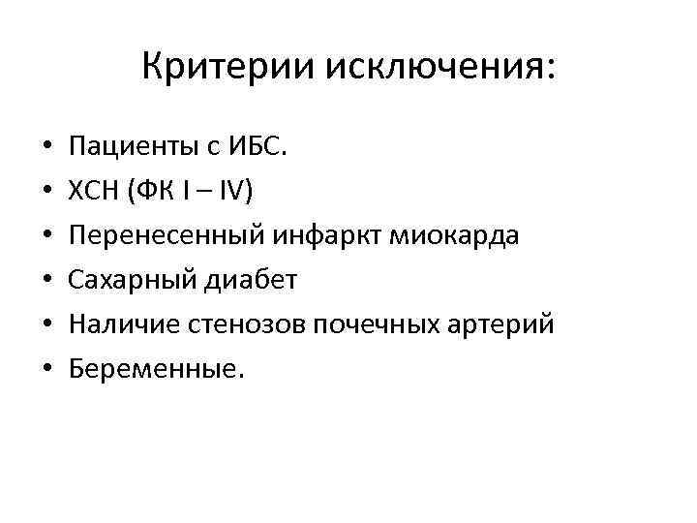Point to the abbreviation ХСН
(x=93, y=192)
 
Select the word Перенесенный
(x=160, y=236)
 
